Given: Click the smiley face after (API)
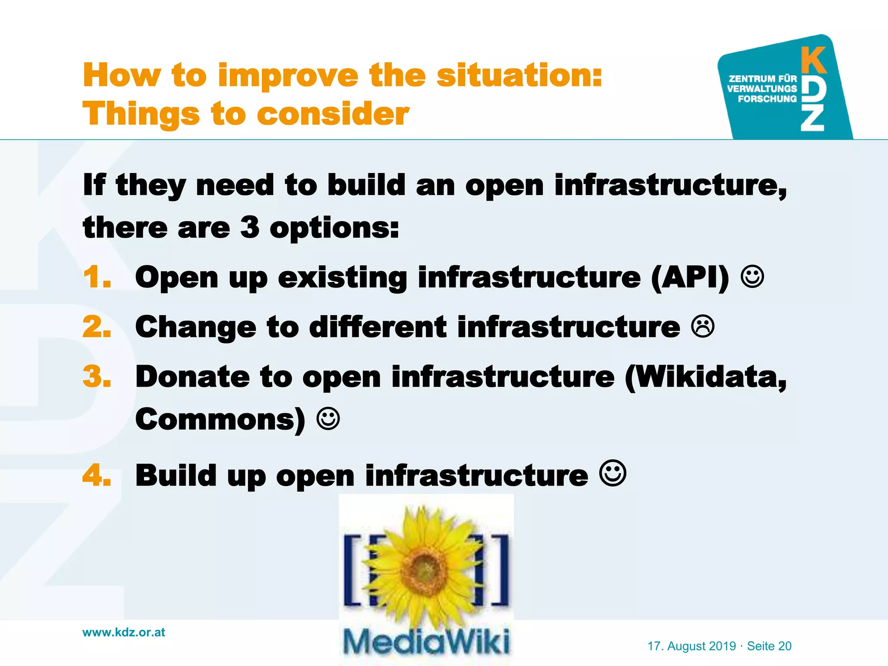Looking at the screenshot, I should (752, 277).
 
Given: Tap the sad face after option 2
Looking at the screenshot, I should (703, 327).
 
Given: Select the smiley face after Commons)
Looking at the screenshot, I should (328, 419).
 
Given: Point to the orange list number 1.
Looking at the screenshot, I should (96, 277).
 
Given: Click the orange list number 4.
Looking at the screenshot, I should (96, 476).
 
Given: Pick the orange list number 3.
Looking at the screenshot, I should (96, 376).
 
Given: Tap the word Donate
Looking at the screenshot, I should (193, 376).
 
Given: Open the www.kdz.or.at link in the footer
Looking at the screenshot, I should (124, 632).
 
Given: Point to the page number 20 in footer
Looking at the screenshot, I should (785, 646).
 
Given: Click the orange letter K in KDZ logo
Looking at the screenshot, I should (813, 61).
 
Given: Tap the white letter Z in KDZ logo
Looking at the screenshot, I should (812, 119).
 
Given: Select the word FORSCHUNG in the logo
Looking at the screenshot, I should (767, 99).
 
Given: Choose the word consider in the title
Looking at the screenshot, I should (333, 114).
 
